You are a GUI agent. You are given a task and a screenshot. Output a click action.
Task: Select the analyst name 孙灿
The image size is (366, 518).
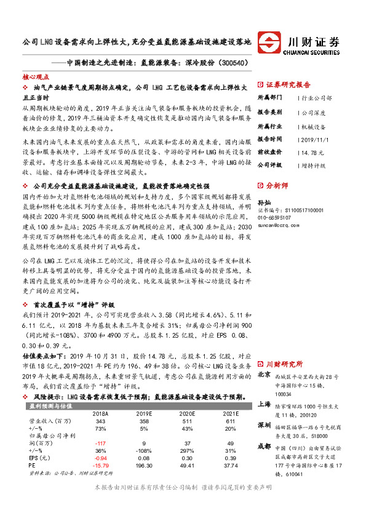pyautogui.click(x=264, y=202)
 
